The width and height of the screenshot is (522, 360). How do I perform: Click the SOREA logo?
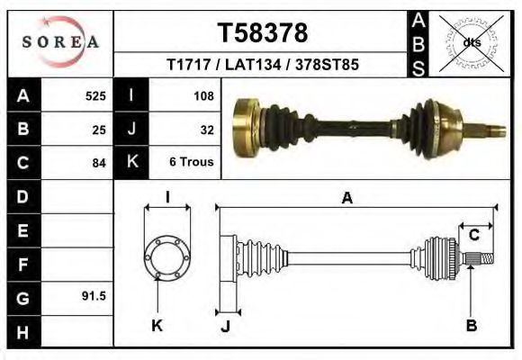60,41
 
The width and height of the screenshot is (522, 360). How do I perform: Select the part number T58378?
263,33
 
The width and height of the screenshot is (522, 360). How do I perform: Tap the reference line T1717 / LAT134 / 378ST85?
263,66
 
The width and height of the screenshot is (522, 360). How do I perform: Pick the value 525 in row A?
95,95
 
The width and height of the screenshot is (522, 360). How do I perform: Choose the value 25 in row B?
99,129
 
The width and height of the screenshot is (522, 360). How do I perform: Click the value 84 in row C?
99,163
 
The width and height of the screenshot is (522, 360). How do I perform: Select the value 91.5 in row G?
94,295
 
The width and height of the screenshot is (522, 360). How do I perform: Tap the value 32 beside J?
206,129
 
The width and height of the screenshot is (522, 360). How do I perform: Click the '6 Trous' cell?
191,163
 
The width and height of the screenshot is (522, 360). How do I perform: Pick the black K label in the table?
132,162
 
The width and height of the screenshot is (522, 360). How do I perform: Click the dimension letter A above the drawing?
346,199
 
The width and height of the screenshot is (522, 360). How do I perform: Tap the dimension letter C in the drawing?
473,235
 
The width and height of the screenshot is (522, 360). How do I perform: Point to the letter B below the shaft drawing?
471,325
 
